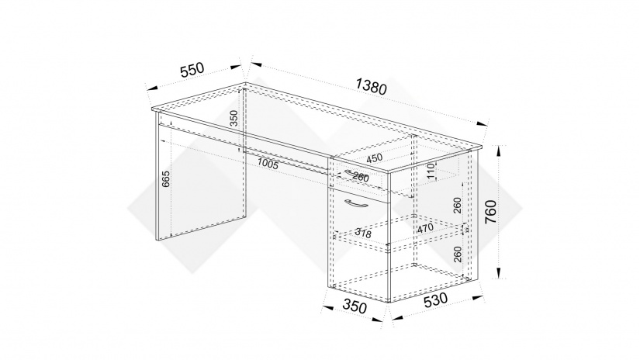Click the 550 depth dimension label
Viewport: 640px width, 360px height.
pyautogui.click(x=192, y=69)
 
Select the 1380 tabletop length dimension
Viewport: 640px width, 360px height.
pyautogui.click(x=371, y=87)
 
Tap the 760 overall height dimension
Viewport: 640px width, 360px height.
pyautogui.click(x=490, y=212)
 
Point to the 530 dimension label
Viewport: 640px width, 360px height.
pyautogui.click(x=435, y=300)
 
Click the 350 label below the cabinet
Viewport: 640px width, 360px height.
pyautogui.click(x=355, y=306)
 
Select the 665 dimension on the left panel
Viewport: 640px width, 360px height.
pyautogui.click(x=166, y=179)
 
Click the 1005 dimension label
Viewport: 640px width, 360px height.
pyautogui.click(x=268, y=164)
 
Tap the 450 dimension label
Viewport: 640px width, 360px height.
pyautogui.click(x=374, y=158)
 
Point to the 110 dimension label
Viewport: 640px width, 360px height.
pyautogui.click(x=431, y=171)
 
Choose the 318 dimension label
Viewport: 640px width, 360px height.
pyautogui.click(x=363, y=233)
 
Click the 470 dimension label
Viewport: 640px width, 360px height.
pyautogui.click(x=425, y=229)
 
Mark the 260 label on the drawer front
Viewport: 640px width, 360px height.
pyautogui.click(x=361, y=177)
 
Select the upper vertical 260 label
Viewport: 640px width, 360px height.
pyautogui.click(x=457, y=206)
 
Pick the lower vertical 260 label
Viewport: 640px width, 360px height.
pyautogui.click(x=457, y=254)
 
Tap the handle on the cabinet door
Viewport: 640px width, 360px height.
pyautogui.click(x=356, y=204)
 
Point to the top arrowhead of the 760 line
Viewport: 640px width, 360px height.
pyautogui.click(x=499, y=151)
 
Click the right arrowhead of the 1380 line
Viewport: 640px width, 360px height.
pyautogui.click(x=483, y=123)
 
